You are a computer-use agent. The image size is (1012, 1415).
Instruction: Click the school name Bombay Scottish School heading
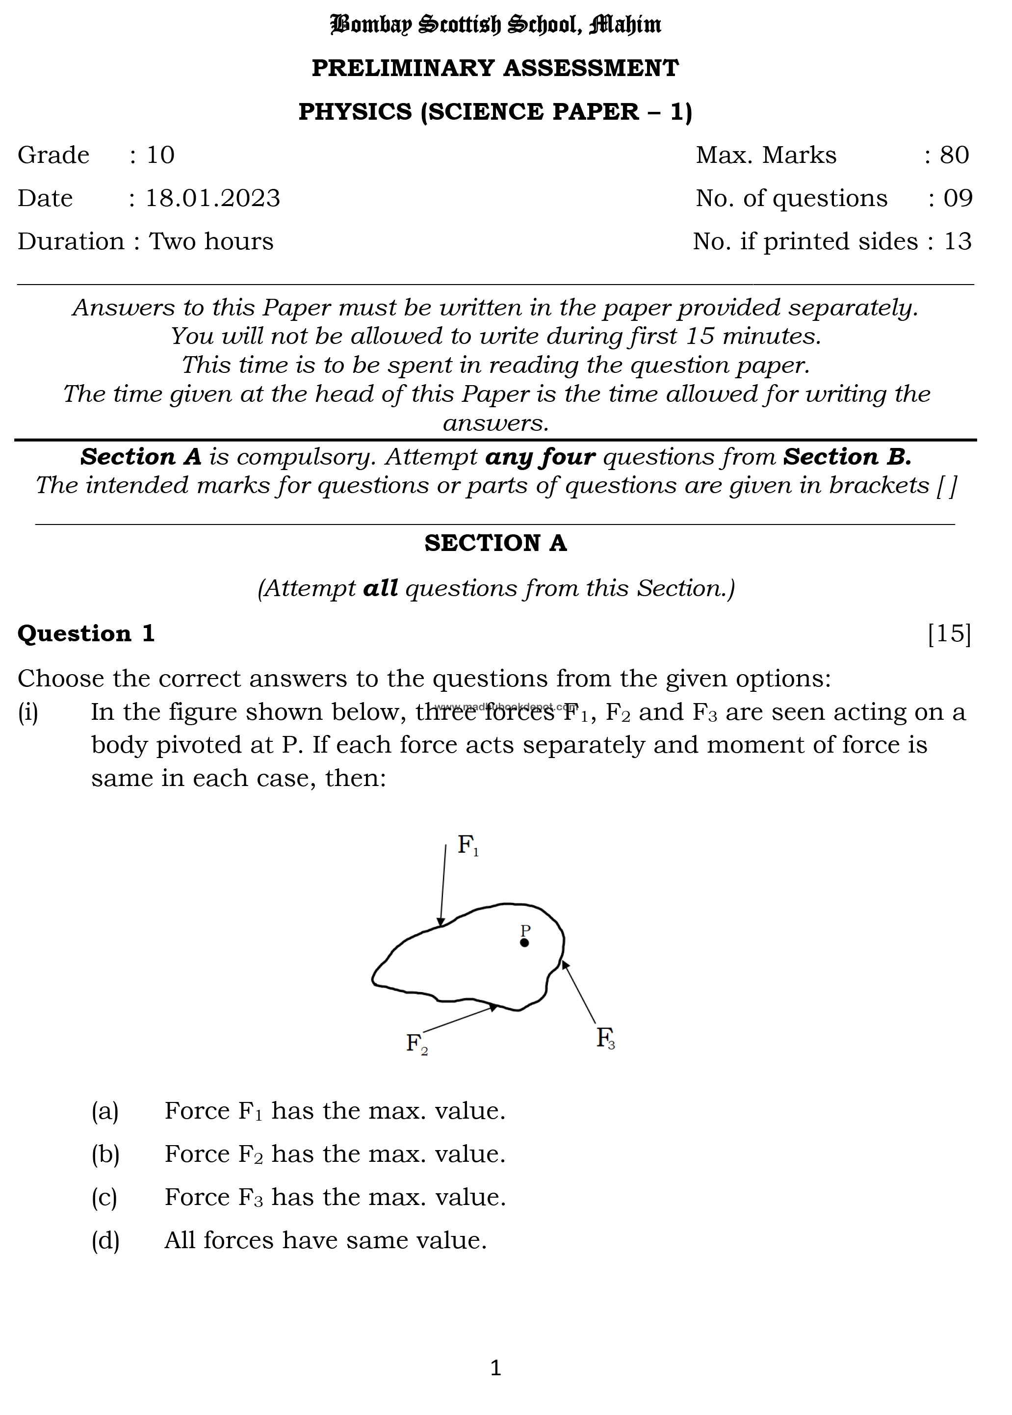(495, 25)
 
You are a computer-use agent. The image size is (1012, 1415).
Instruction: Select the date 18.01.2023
(212, 198)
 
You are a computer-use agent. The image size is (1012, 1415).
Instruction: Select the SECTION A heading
(495, 543)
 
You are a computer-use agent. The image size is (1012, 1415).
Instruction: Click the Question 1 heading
(86, 633)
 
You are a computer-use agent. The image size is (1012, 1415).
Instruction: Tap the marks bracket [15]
(949, 633)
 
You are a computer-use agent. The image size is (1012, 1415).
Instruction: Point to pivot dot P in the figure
(525, 943)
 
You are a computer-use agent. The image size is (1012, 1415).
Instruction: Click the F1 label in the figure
(468, 845)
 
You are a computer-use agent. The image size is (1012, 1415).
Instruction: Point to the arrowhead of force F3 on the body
(565, 965)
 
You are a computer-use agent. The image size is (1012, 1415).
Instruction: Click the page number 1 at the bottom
(495, 1367)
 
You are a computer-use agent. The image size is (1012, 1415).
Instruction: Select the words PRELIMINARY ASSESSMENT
(495, 68)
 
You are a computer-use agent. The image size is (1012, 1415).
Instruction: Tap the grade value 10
(160, 155)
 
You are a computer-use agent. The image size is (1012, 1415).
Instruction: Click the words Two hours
(211, 241)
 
